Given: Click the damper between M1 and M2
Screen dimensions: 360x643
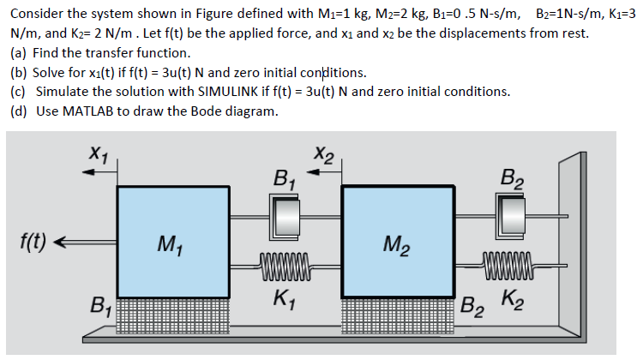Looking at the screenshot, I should pos(282,210).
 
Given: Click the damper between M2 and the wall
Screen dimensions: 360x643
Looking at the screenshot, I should pos(509,210).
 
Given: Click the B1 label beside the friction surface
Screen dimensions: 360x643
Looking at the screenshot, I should pos(101,303).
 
